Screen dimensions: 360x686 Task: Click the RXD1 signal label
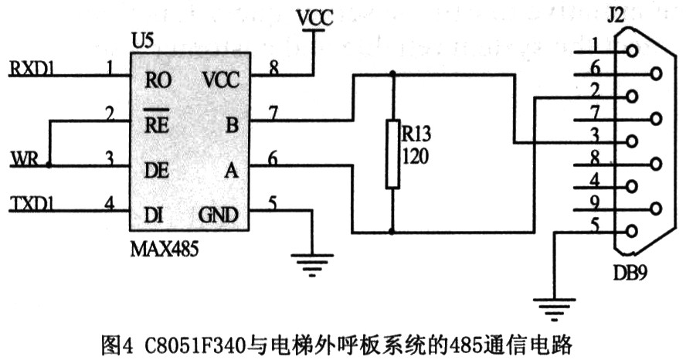(32, 68)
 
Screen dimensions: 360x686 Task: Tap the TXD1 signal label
(33, 205)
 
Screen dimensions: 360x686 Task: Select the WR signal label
(24, 160)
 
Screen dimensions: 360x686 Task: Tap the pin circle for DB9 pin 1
(633, 52)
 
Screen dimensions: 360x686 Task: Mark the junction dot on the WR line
(49, 165)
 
